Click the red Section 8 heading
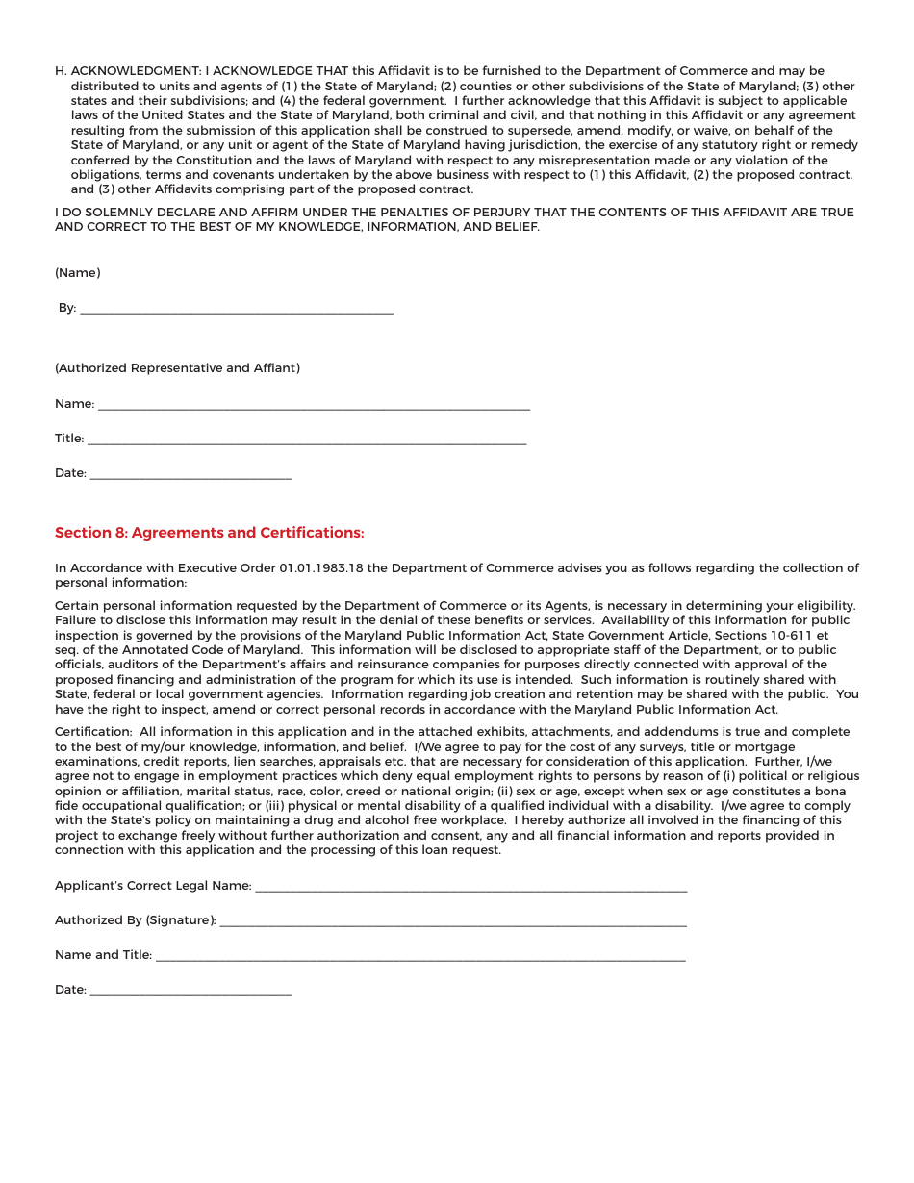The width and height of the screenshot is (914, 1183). click(209, 533)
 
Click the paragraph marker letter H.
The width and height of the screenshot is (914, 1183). click(60, 71)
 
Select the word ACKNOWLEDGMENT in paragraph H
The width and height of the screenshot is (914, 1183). click(136, 71)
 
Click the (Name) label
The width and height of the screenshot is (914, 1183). click(77, 273)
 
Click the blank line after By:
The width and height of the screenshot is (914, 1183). click(237, 309)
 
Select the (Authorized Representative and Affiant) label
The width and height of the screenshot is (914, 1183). click(177, 368)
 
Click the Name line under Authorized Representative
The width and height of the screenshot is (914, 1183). click(314, 405)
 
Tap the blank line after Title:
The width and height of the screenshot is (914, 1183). click(307, 440)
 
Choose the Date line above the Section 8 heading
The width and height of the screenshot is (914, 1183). click(190, 474)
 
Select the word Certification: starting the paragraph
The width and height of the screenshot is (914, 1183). click(93, 732)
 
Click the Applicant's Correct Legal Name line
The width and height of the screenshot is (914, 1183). click(471, 887)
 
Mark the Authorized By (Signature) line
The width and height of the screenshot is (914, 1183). click(453, 921)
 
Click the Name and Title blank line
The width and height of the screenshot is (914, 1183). click(420, 956)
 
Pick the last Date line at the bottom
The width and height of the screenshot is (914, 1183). click(190, 991)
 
